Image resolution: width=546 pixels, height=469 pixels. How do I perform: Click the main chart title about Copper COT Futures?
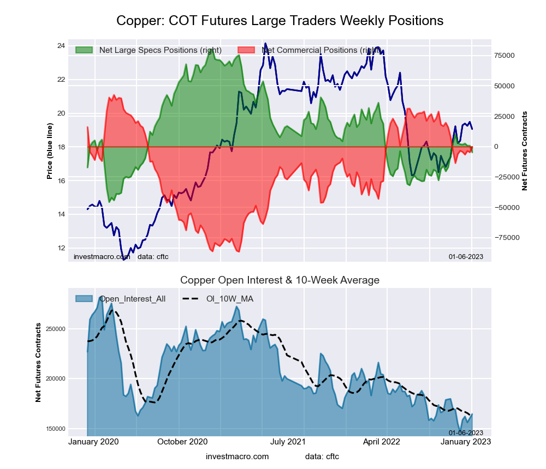(280, 21)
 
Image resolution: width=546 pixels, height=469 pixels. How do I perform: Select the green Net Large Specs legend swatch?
(85, 50)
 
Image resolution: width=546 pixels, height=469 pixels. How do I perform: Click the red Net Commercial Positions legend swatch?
(247, 50)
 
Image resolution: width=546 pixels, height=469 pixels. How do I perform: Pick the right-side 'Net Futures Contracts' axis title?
(525, 151)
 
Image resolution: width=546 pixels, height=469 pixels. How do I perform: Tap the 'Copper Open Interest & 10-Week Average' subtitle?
(280, 280)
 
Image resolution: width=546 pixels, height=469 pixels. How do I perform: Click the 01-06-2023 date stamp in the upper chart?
(466, 256)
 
